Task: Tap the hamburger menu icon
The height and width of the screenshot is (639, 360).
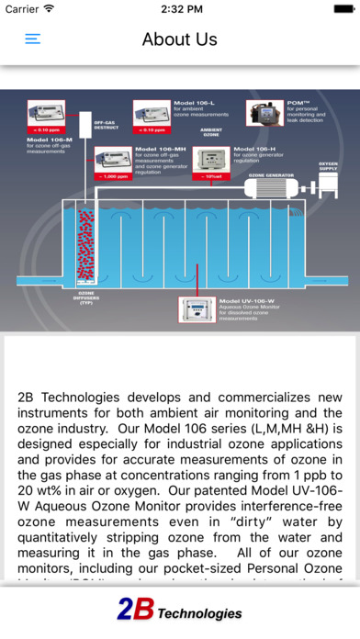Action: click(33, 39)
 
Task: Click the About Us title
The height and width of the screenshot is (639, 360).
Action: click(180, 39)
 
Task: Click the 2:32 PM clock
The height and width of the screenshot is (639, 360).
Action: click(180, 9)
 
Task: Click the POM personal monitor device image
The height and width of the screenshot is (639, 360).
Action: click(264, 112)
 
